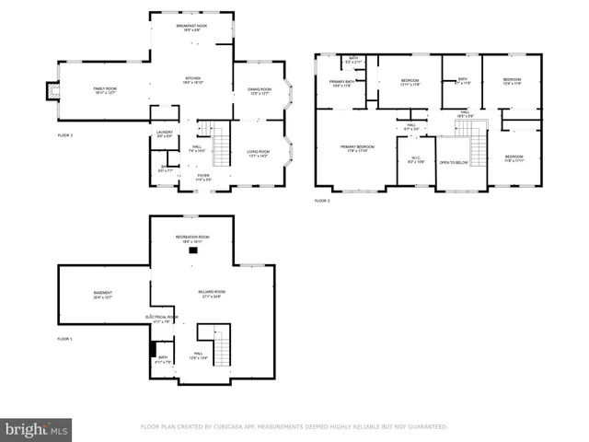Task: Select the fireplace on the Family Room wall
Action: (x=52, y=91)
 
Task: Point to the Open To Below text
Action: (x=454, y=163)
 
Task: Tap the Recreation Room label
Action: (x=193, y=238)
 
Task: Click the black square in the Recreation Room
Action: (x=193, y=250)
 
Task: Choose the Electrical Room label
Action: (x=161, y=319)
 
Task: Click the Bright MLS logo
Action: (x=37, y=428)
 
